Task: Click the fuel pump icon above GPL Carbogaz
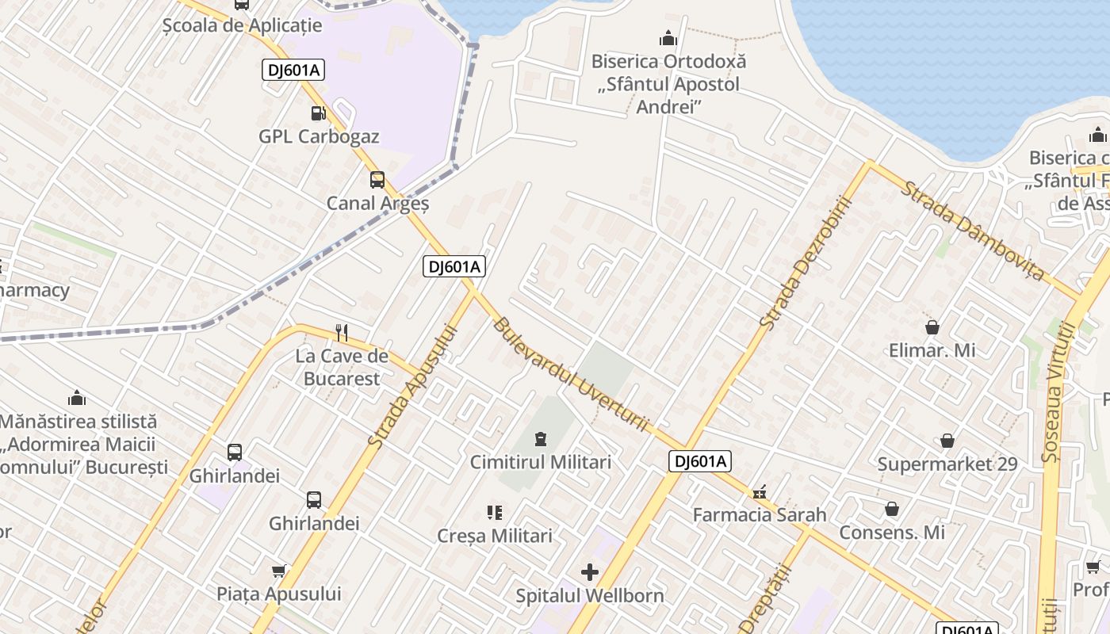pyautogui.click(x=318, y=113)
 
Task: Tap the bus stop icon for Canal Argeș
pyautogui.click(x=377, y=180)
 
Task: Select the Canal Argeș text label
pyautogui.click(x=377, y=204)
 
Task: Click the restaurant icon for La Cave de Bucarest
pyautogui.click(x=342, y=332)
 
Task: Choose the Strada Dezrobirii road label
pyautogui.click(x=805, y=263)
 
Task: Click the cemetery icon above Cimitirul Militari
pyautogui.click(x=541, y=438)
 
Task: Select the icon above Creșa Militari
pyautogui.click(x=495, y=513)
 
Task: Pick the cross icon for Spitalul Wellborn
pyautogui.click(x=590, y=571)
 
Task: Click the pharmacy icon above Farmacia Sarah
pyautogui.click(x=760, y=492)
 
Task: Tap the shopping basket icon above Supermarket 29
pyautogui.click(x=947, y=441)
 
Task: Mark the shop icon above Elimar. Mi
pyautogui.click(x=932, y=327)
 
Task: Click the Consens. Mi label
pyautogui.click(x=892, y=533)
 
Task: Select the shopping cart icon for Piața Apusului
pyautogui.click(x=279, y=571)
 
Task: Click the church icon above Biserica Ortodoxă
pyautogui.click(x=668, y=38)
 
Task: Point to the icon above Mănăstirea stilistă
pyautogui.click(x=77, y=398)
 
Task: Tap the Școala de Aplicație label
pyautogui.click(x=242, y=25)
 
